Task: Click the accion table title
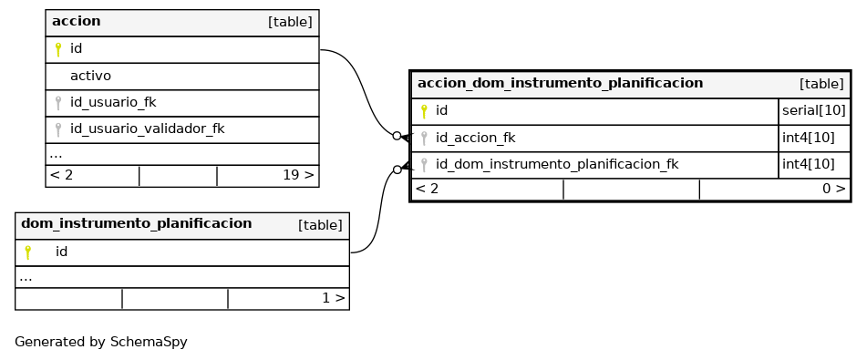(77, 22)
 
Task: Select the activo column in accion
(90, 76)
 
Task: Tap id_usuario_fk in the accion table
(113, 102)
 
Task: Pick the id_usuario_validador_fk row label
(147, 129)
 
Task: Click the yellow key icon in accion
(58, 49)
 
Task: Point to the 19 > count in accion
(298, 175)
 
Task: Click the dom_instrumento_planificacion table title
(137, 223)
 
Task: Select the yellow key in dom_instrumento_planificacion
(28, 252)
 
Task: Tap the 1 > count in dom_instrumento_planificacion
(334, 298)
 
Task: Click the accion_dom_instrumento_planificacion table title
(560, 84)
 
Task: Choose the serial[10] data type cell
(814, 110)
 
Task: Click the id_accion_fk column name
(476, 138)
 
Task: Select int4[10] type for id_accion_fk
(809, 138)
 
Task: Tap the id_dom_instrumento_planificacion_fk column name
(557, 164)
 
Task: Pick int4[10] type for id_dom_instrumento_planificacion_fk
(809, 164)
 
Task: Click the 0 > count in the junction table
(834, 189)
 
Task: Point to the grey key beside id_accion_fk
(424, 138)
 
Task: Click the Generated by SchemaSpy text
(101, 342)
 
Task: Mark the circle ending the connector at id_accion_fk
(397, 136)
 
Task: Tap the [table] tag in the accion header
(290, 22)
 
